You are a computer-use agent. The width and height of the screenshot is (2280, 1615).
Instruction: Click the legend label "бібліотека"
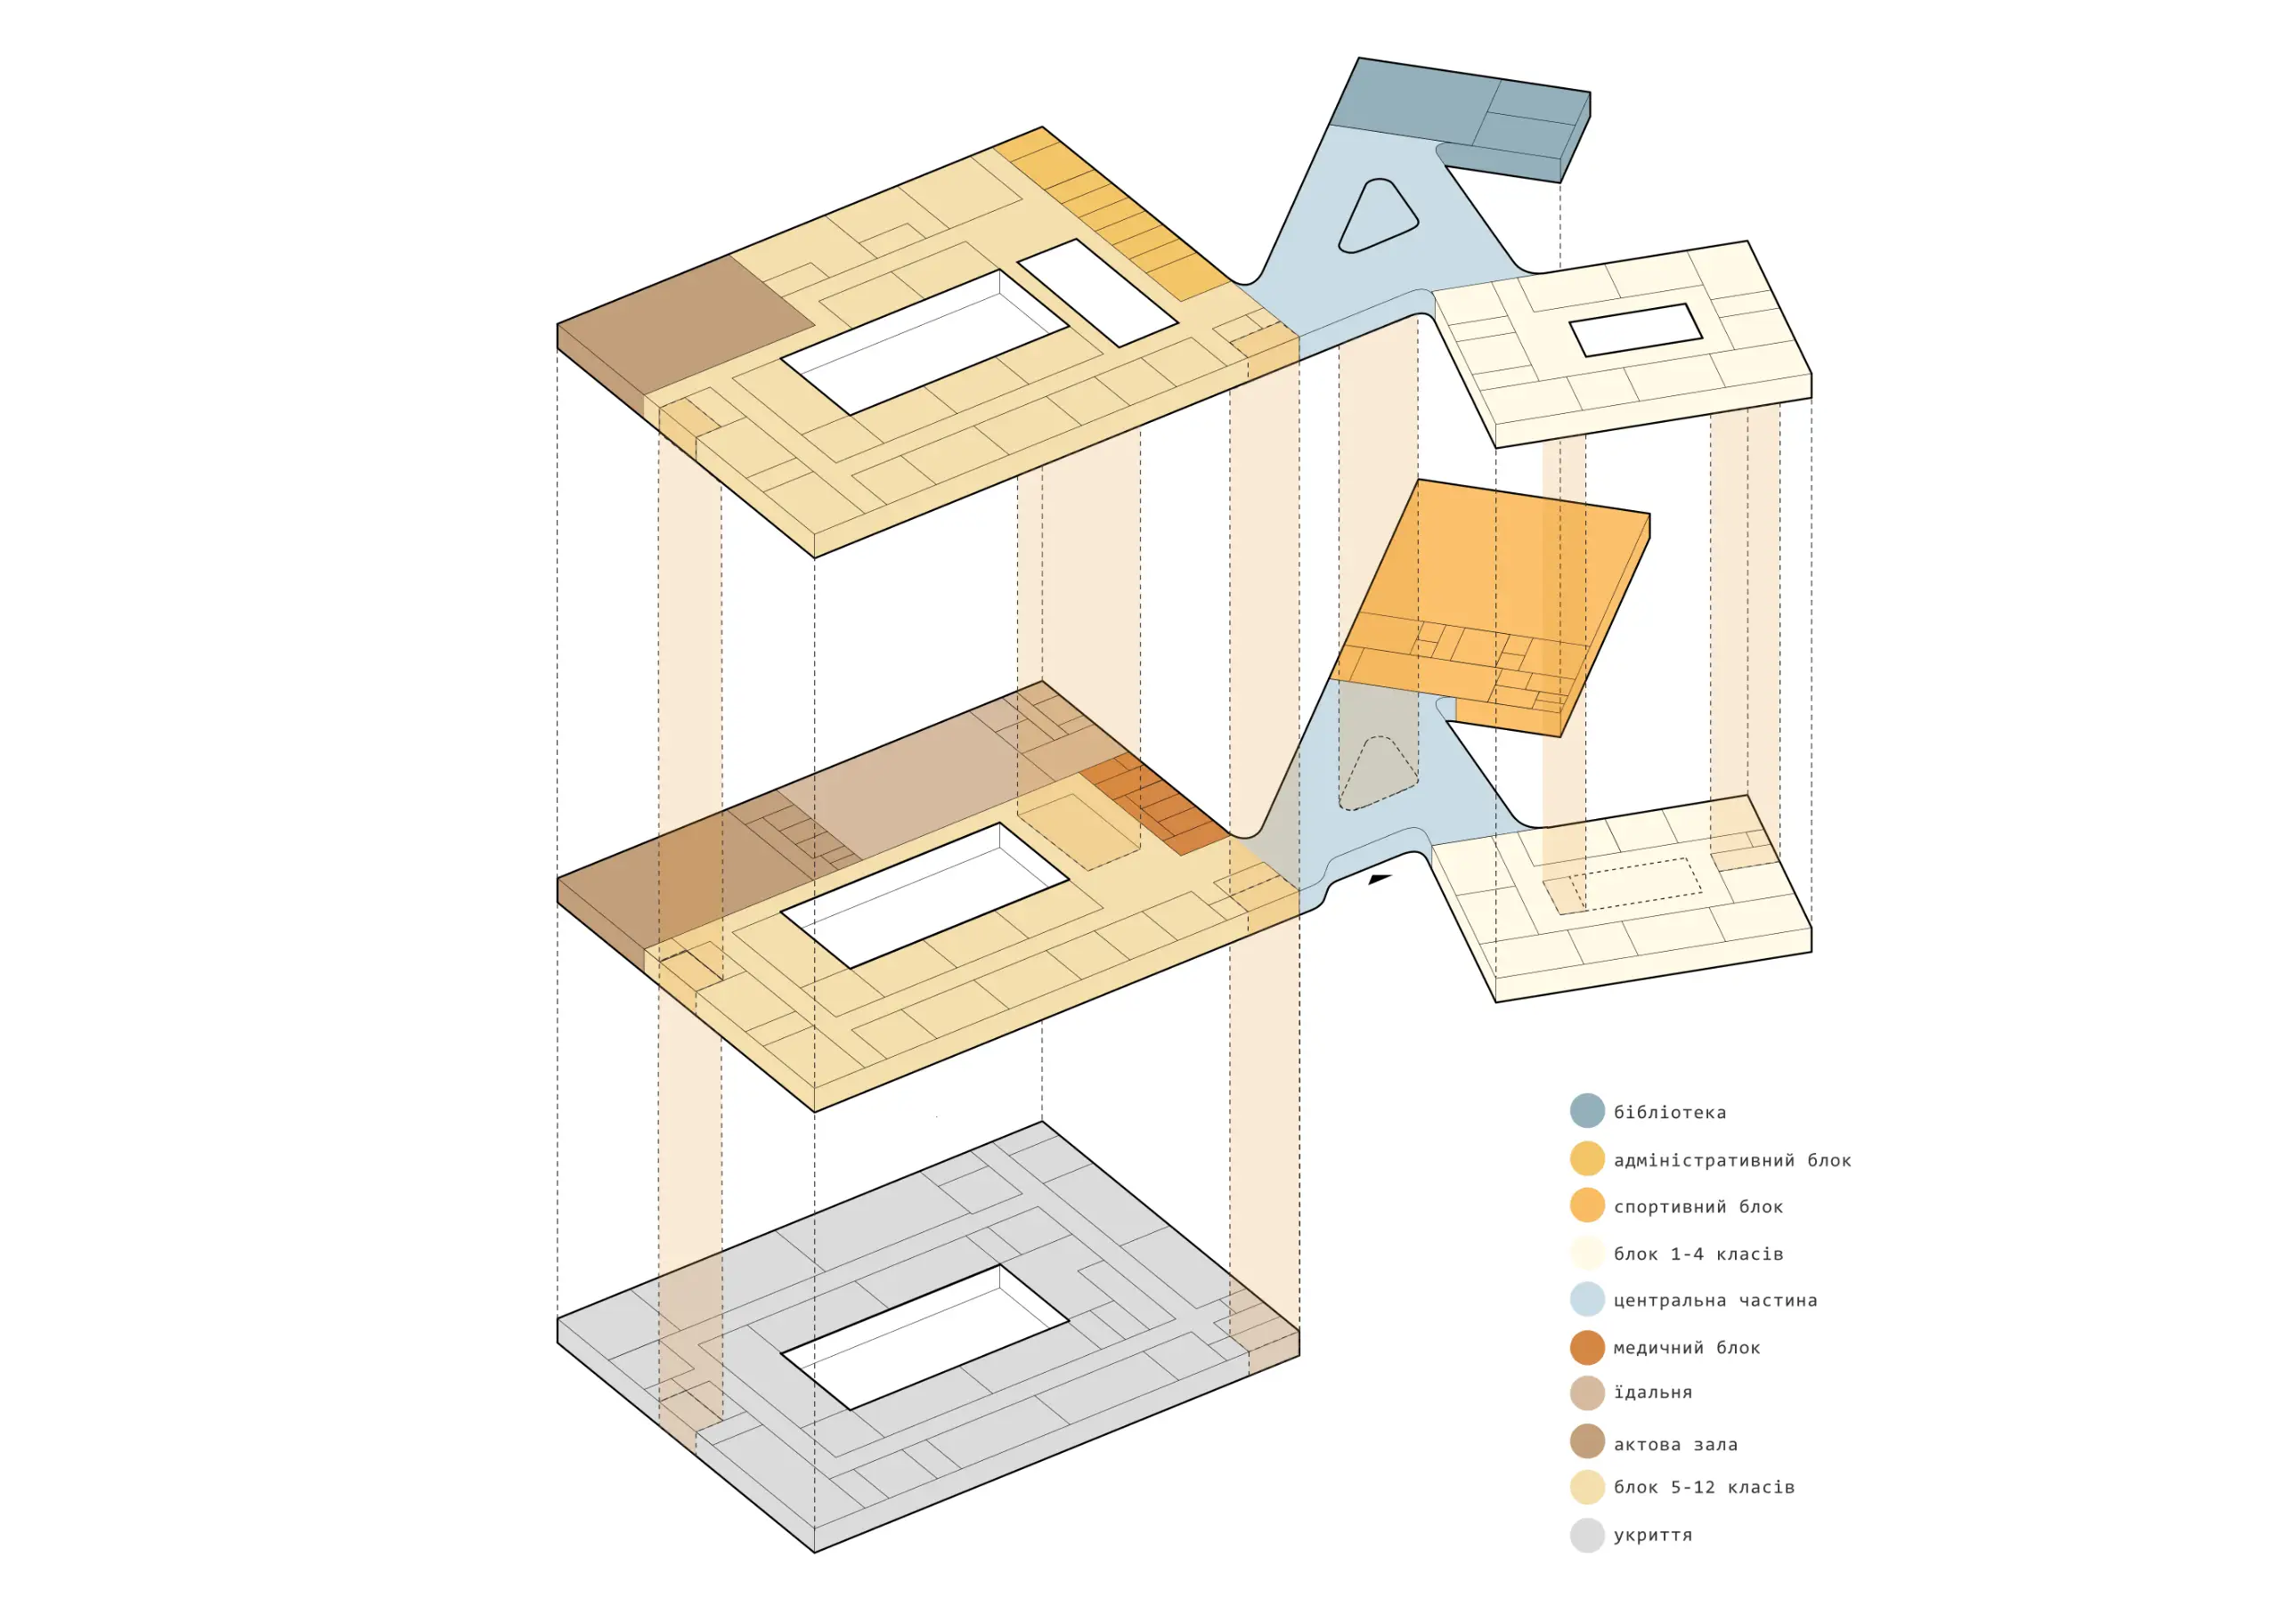(1669, 1112)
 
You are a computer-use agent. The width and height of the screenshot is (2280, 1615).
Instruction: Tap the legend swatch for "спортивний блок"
(1587, 1205)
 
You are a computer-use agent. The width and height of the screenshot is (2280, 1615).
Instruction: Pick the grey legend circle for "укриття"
(1587, 1535)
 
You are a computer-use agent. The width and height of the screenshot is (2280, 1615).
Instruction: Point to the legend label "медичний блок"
(1686, 1348)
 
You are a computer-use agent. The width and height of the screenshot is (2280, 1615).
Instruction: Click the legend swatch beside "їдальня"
(1587, 1393)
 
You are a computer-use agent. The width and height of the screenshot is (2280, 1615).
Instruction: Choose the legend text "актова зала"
(1675, 1444)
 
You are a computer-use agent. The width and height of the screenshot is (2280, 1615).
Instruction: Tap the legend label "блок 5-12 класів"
(1704, 1487)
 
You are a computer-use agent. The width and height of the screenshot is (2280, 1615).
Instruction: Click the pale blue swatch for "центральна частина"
(1587, 1300)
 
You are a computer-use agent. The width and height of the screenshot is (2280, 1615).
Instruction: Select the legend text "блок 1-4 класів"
(1698, 1254)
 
